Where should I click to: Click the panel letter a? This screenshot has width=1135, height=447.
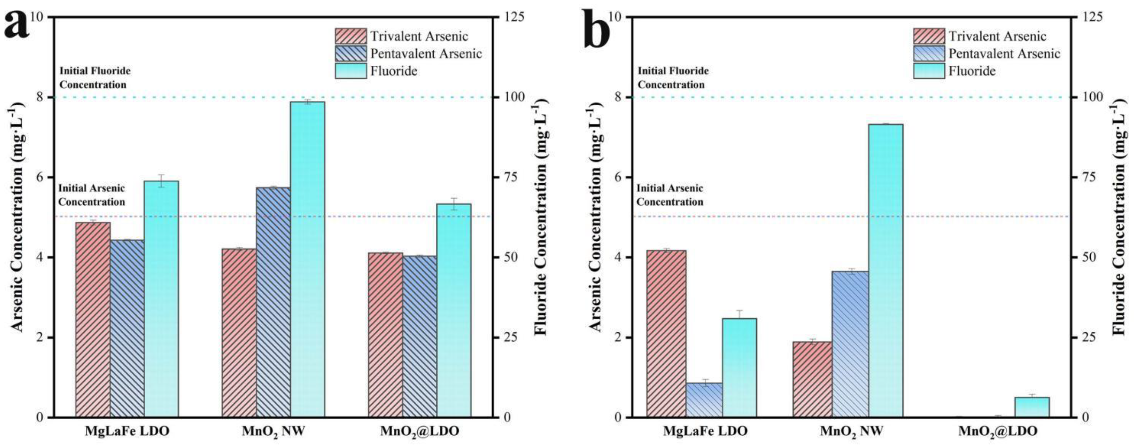pyautogui.click(x=17, y=25)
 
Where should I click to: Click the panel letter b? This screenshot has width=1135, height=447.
pyautogui.click(x=597, y=27)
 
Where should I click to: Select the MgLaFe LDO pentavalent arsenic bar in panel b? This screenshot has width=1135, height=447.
pyautogui.click(x=704, y=400)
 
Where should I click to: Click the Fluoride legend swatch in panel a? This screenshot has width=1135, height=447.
pyautogui.click(x=350, y=71)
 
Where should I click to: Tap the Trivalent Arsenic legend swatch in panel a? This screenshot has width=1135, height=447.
pyautogui.click(x=350, y=36)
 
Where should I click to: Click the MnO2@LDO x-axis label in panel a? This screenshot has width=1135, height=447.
pyautogui.click(x=420, y=432)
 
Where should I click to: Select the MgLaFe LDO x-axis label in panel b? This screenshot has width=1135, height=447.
pyautogui.click(x=705, y=431)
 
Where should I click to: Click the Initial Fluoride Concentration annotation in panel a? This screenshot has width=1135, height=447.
pyautogui.click(x=95, y=78)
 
